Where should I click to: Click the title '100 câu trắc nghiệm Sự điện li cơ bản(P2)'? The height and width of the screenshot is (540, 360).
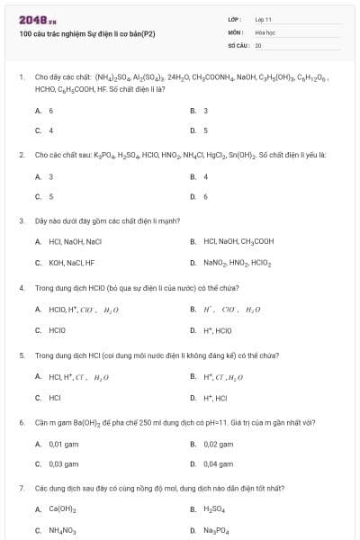87,34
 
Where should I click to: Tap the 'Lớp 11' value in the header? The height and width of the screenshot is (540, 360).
263,19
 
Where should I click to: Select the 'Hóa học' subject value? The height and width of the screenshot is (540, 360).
265,31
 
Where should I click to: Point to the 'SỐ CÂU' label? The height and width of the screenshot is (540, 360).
238,44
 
